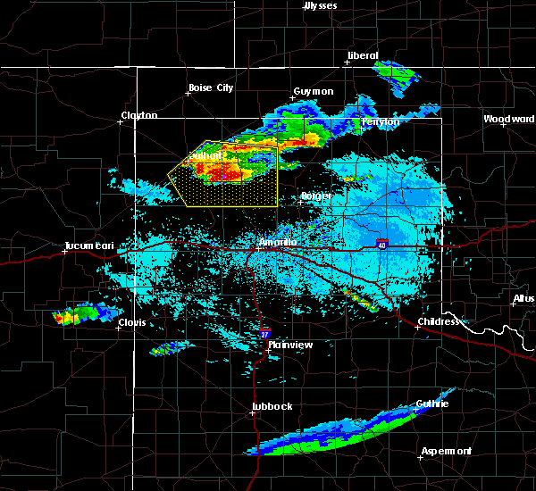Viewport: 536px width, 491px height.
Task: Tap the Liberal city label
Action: point(362,55)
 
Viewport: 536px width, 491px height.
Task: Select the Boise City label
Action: point(210,87)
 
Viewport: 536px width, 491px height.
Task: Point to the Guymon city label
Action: point(314,91)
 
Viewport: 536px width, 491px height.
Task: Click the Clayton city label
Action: point(139,115)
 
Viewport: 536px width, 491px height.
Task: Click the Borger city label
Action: point(315,196)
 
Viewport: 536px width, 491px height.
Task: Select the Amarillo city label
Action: point(276,242)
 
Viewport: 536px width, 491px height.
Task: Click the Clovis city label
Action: point(132,325)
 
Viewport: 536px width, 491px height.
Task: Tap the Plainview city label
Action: point(289,344)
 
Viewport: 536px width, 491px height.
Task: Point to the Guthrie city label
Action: point(431,404)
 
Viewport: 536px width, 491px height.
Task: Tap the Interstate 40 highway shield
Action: point(381,244)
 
